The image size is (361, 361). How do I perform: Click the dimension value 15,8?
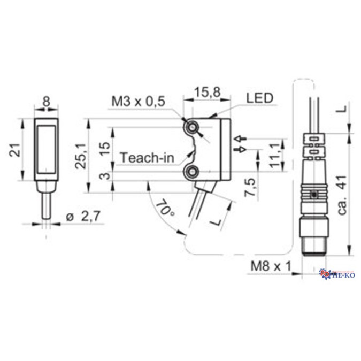coord(208,93)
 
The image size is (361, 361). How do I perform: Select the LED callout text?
coord(259,98)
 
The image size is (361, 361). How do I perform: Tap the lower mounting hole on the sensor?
coord(191,171)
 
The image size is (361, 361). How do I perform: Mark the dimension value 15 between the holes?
coord(105,148)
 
